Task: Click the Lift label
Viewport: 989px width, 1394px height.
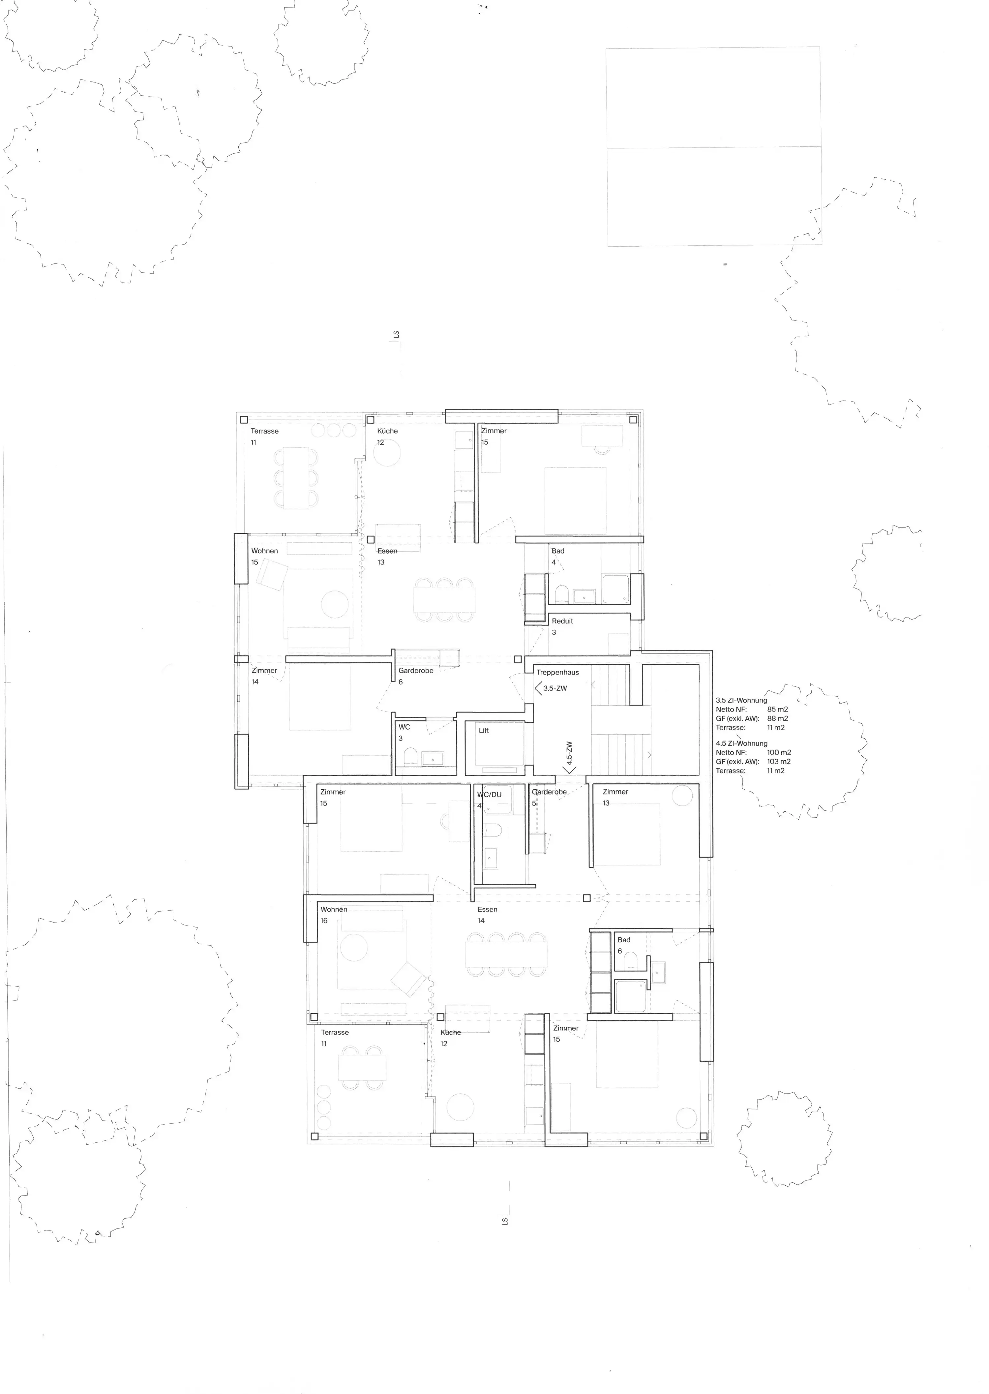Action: click(484, 730)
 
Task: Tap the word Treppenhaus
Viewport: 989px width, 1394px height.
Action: click(557, 672)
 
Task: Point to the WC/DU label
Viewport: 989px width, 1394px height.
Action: click(489, 795)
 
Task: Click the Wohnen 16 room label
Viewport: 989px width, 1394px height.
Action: click(334, 915)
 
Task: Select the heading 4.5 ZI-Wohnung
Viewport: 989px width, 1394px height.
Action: click(741, 743)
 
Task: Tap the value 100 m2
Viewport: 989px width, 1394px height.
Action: click(779, 752)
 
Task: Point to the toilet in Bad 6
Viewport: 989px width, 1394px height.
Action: click(630, 960)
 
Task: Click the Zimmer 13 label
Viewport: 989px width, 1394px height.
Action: click(615, 797)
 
